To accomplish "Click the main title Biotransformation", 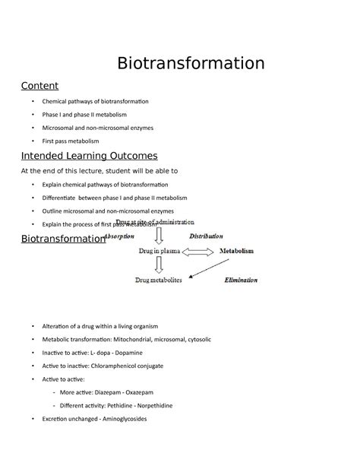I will click(191, 62).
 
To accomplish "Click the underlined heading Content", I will click(39, 85).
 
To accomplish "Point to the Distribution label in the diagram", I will click(206, 236).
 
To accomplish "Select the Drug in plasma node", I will click(159, 250).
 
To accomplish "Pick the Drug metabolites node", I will click(159, 280).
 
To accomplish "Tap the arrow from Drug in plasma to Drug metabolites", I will click(159, 265).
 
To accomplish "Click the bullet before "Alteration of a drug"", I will click(33, 326).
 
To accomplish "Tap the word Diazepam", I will click(109, 392).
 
